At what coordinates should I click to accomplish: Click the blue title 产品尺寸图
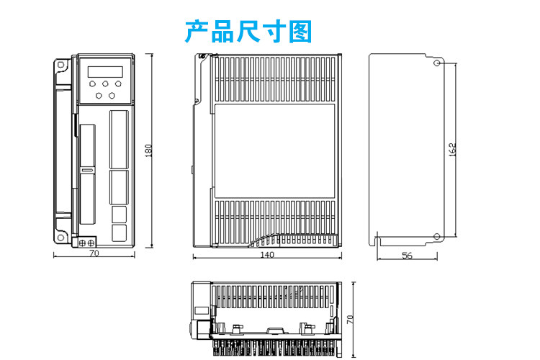248,32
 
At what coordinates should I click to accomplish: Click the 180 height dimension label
149,150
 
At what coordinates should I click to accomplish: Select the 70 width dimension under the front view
94,253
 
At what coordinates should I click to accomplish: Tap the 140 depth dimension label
266,255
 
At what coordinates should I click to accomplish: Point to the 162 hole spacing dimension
452,150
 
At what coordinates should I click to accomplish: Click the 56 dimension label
407,256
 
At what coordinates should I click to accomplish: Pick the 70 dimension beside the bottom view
350,318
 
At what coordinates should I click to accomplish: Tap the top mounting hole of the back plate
437,63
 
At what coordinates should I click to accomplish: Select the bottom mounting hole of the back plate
437,235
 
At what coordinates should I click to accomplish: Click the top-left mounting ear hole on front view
61,67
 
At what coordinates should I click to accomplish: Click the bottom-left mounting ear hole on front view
61,235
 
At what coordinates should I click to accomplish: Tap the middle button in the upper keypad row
106,84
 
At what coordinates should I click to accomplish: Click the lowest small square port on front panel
119,233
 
